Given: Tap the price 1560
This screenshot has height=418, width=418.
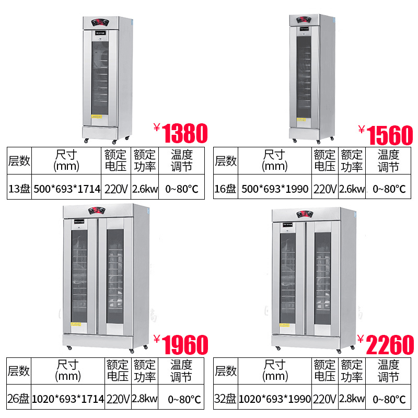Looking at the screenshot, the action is coord(390,135).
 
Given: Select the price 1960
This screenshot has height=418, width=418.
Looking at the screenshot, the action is coord(185,345).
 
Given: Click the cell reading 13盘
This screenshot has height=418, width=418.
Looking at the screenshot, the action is coord(19,189).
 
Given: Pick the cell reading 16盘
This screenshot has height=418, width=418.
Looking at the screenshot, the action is coord(226,189).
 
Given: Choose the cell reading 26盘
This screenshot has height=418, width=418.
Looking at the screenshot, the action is coord(18,399).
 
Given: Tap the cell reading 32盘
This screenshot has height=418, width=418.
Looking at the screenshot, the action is coord(225,399).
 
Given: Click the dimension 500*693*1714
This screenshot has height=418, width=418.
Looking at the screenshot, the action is coord(67,189).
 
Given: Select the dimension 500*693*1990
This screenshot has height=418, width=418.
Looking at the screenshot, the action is coord(275,189).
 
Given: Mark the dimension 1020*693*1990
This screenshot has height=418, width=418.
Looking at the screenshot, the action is coord(275,399).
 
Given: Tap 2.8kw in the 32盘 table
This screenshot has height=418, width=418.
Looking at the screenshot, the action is coord(352,399).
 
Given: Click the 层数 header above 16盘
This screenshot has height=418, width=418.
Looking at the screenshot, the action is coord(226,161).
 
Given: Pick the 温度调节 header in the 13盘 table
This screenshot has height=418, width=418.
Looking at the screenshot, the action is coord(181,161).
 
